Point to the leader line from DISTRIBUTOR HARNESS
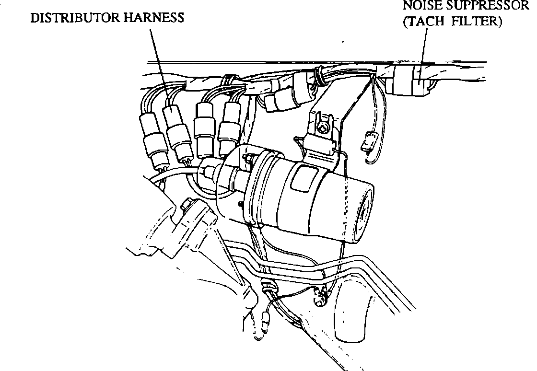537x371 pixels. coord(158,62)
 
